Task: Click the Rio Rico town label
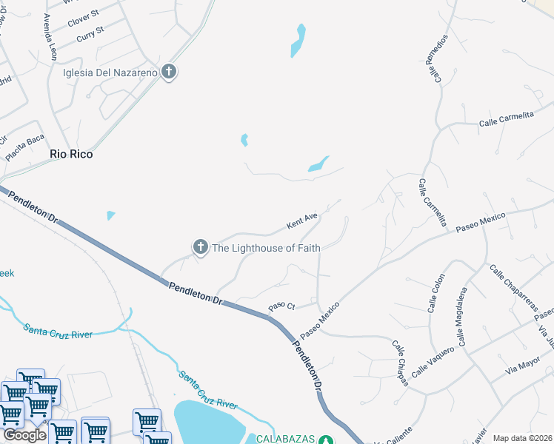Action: pyautogui.click(x=71, y=155)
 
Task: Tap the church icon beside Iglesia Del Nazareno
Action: pyautogui.click(x=169, y=72)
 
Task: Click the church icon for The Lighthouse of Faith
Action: pyautogui.click(x=200, y=247)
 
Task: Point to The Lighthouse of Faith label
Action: pyautogui.click(x=266, y=248)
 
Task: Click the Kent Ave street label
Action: pyautogui.click(x=302, y=221)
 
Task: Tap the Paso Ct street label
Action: pyautogui.click(x=281, y=306)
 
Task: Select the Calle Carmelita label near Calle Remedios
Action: pyautogui.click(x=507, y=119)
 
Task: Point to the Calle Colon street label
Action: pyautogui.click(x=435, y=293)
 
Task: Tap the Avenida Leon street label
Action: pyautogui.click(x=50, y=37)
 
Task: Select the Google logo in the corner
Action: pyautogui.click(x=24, y=435)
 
